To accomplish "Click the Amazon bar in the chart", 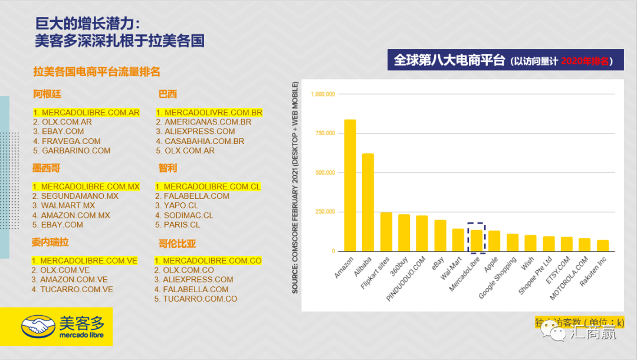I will (x=350, y=185).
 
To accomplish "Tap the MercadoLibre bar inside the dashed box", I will (x=476, y=240).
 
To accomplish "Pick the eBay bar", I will (x=440, y=235).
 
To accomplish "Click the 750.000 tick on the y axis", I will (x=323, y=133).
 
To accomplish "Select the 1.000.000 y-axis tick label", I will (x=323, y=94).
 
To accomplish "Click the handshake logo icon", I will (x=40, y=326).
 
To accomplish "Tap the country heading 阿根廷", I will (x=47, y=94).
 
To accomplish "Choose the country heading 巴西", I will (x=168, y=94).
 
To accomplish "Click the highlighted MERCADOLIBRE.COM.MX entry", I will (x=86, y=186).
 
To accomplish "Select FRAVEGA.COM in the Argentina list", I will (x=67, y=141).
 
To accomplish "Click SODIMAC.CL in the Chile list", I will (x=184, y=215).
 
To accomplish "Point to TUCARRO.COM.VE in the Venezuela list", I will (x=72, y=289).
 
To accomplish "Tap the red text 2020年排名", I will (x=584, y=61).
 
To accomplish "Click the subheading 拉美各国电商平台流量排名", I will (x=97, y=72).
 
